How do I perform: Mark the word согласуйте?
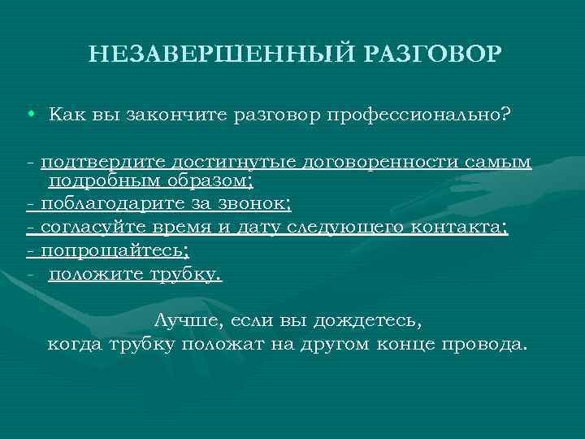coord(92,228)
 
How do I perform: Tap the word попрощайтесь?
coord(115,251)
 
